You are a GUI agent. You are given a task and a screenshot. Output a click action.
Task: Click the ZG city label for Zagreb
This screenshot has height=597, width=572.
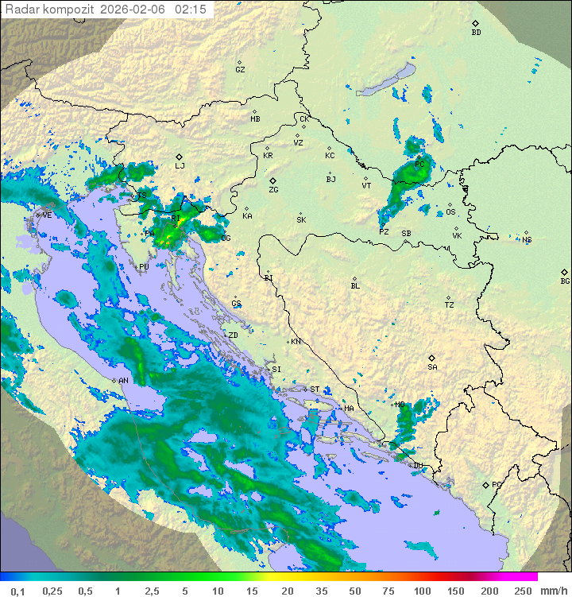coord(273,191)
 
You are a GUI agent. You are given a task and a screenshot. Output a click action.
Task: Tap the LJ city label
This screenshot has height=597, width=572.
coord(180,166)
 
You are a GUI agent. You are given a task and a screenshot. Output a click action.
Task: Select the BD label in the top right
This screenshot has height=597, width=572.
coord(476,33)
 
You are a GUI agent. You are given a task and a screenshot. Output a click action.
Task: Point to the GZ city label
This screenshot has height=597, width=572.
coord(240,70)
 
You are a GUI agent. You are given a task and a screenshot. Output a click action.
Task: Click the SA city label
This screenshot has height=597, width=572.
coord(432,367)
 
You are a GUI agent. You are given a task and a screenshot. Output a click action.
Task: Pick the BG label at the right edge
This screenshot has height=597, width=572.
coord(565,281)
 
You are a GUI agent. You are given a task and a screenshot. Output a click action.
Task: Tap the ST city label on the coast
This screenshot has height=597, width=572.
coord(315,390)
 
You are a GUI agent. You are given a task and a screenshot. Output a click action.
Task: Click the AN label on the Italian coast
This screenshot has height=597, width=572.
coord(124,381)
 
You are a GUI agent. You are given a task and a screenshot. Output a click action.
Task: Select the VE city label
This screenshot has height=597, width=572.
coord(47,215)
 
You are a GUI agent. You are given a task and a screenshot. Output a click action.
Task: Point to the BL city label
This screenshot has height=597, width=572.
coord(355,286)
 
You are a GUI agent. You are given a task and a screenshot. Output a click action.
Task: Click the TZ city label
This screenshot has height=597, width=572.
coord(449,305)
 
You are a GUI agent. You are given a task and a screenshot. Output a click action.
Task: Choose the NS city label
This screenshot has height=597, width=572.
coord(527,239)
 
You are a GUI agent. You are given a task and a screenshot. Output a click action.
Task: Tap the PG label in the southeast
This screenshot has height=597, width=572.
coord(497,484)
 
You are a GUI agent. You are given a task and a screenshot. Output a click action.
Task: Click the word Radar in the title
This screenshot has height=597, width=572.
coord(20,10)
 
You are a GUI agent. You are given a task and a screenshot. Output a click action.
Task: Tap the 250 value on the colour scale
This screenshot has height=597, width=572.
coord(522,591)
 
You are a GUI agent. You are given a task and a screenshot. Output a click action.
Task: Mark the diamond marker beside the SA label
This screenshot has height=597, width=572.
coord(432,358)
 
